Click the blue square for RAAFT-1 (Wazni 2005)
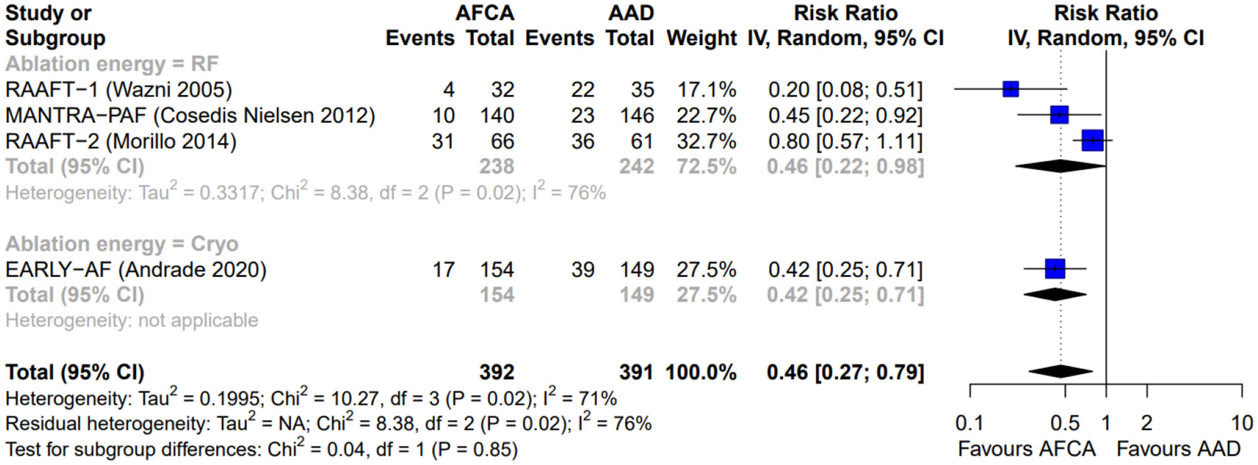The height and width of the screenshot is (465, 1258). point(1011,89)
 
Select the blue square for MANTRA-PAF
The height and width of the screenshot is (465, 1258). point(1059,115)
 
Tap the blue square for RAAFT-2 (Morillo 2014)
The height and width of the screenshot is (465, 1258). point(1093,140)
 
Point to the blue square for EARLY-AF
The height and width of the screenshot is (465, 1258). point(1055,269)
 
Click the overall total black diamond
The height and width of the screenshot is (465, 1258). point(1061,372)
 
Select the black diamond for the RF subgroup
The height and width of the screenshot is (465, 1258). point(1060,166)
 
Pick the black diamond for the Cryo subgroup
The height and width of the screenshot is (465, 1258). point(1055,295)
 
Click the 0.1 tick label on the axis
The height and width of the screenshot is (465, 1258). point(969,424)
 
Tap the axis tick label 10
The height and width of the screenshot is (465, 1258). point(1242,424)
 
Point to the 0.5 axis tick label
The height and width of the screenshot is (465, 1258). point(1064,424)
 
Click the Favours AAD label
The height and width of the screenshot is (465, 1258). point(1178,449)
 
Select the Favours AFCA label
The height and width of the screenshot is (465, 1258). point(1027,449)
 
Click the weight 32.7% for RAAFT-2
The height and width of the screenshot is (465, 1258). point(706,141)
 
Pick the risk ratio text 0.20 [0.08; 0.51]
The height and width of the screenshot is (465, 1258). point(845,90)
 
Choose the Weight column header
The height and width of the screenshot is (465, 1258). point(702,38)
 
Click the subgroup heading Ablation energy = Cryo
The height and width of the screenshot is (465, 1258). point(122,244)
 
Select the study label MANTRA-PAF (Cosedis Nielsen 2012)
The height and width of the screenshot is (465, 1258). point(190,115)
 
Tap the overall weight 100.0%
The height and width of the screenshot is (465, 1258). point(700,372)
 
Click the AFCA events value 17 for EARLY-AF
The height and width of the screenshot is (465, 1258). point(443,269)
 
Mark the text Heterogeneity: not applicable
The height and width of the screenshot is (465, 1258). point(132,321)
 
